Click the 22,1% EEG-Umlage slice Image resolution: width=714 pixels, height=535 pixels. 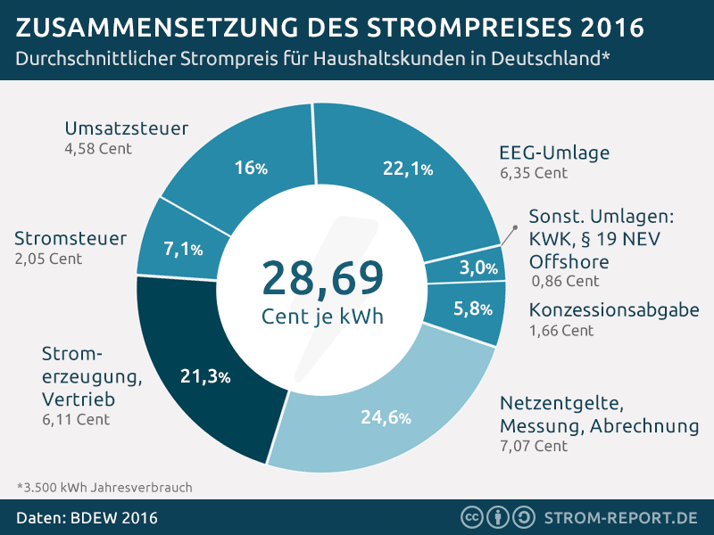[x=393, y=165]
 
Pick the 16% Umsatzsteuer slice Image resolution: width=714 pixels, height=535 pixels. [x=245, y=165]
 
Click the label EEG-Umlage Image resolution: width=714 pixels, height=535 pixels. [x=554, y=152]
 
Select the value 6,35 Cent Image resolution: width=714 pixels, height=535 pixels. [x=533, y=173]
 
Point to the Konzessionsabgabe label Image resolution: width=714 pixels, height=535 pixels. [x=614, y=309]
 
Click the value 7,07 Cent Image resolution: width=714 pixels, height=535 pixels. [x=533, y=445]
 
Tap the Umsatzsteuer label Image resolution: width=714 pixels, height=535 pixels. [x=127, y=128]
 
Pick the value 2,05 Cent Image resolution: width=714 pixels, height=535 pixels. [x=48, y=259]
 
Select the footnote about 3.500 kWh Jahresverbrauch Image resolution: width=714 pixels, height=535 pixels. [x=104, y=488]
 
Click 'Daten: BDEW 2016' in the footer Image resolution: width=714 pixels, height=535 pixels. [x=87, y=517]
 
